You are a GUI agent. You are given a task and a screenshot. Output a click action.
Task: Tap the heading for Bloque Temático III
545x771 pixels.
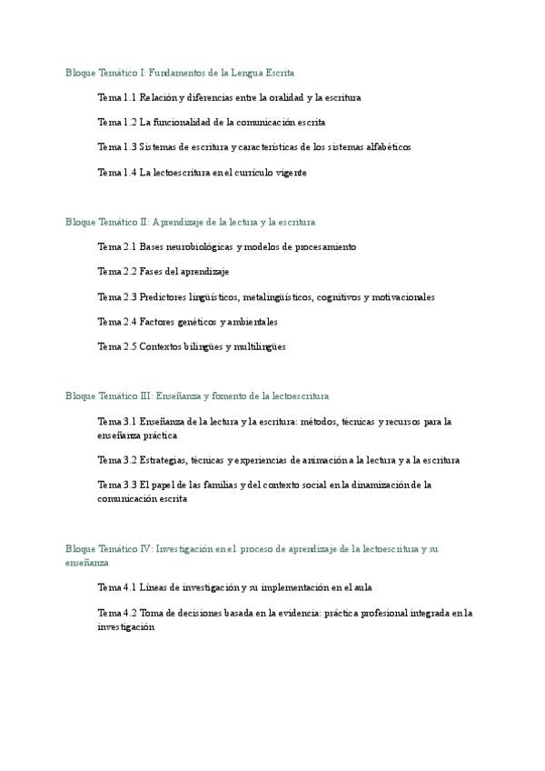197,396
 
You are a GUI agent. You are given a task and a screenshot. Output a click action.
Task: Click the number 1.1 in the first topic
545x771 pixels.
129,96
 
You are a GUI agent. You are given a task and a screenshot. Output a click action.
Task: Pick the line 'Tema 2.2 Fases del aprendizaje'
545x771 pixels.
163,272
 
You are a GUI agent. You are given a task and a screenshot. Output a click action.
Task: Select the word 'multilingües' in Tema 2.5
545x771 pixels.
260,346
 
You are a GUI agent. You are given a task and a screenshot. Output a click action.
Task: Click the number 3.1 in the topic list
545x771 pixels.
129,422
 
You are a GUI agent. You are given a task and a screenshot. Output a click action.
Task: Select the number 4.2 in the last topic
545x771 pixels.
129,613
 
